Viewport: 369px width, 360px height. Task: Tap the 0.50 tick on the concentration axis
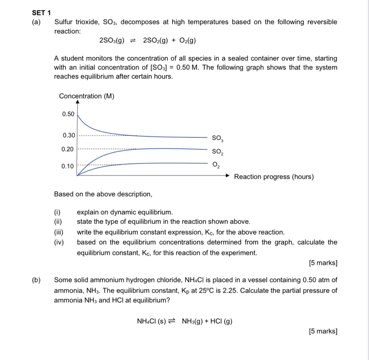(68, 114)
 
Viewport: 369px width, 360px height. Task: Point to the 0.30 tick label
(68, 135)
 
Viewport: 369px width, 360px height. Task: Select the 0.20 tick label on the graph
(68, 148)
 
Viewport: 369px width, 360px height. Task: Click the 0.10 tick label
(68, 166)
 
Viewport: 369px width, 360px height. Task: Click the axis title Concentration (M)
(87, 96)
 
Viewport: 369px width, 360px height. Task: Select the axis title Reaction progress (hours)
(274, 177)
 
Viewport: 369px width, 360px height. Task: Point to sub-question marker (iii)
(59, 232)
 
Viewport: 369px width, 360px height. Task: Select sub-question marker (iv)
(59, 242)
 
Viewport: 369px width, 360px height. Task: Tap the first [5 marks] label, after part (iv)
(323, 263)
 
